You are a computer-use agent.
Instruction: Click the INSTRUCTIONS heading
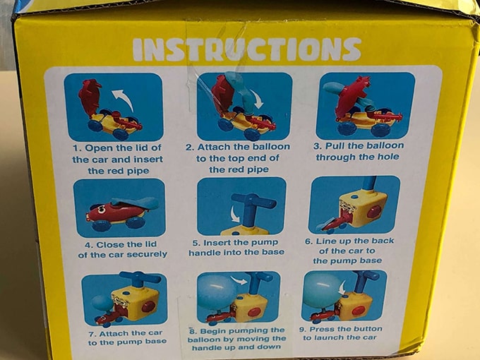point(247,49)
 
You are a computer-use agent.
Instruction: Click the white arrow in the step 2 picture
point(258,99)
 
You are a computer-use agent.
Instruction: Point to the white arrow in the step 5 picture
point(235,214)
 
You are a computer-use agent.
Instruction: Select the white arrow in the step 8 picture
point(239,280)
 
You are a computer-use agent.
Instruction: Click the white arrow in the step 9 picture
point(342,288)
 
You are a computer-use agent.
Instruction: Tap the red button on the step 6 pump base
point(374,211)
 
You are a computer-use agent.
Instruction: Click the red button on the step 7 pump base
point(148,306)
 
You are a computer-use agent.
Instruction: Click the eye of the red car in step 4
point(102,210)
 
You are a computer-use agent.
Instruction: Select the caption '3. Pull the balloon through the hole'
point(358,151)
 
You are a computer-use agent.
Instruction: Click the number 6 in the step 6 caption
point(308,241)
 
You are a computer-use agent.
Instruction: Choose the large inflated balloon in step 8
point(217,292)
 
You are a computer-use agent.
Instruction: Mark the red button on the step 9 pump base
point(359,311)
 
